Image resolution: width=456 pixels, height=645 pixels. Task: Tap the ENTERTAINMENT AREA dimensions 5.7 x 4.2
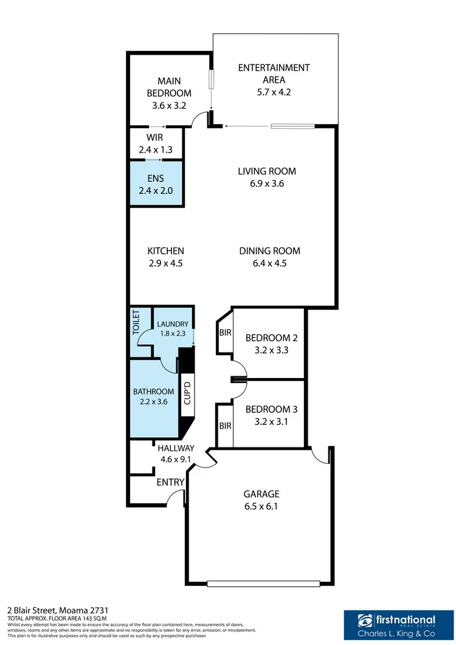click(x=274, y=92)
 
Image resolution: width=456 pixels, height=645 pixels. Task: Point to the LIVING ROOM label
click(x=267, y=171)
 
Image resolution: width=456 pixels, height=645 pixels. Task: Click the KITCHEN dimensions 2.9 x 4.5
click(x=165, y=263)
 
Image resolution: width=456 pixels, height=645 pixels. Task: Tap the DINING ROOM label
click(x=269, y=250)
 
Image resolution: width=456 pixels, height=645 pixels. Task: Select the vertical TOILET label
click(x=137, y=323)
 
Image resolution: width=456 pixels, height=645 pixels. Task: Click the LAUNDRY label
click(x=173, y=324)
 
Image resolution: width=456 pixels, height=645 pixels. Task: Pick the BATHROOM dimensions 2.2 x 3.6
click(x=154, y=401)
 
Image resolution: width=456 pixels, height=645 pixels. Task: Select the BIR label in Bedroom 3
click(x=225, y=426)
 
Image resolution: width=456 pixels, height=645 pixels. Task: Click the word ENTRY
click(x=171, y=482)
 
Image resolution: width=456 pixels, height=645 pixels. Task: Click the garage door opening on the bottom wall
click(x=263, y=584)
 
